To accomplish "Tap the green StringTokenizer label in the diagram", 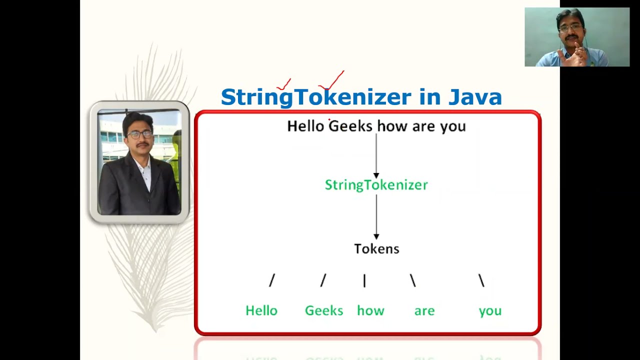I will [x=376, y=185].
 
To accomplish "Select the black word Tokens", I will [x=376, y=248].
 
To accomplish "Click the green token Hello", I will [x=261, y=310].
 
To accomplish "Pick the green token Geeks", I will [x=324, y=310].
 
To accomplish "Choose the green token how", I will [x=370, y=310].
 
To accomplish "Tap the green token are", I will [x=424, y=311].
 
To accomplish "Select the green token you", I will [x=490, y=311].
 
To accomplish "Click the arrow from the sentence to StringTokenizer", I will [x=376, y=155].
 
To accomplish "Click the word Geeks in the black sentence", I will [x=350, y=126].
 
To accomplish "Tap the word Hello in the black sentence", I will [x=305, y=126].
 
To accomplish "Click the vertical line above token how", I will [x=364, y=281].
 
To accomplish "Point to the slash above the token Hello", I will [x=272, y=281].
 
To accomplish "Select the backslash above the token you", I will [x=481, y=281].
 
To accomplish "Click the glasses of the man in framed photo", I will [x=139, y=134].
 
